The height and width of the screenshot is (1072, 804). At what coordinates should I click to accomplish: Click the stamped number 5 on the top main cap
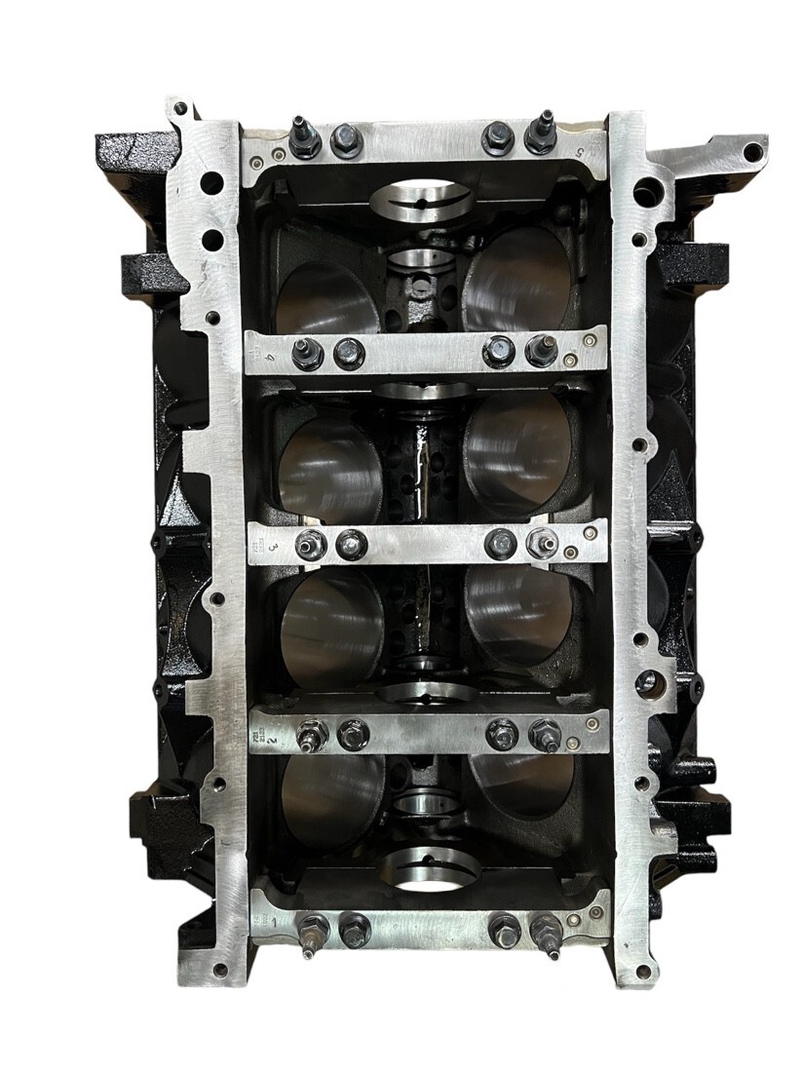tap(580, 153)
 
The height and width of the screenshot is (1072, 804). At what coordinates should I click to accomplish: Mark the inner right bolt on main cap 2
tap(503, 734)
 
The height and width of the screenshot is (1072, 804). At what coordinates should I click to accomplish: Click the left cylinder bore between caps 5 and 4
tap(327, 292)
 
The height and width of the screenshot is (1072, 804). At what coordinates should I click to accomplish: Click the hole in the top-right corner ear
tap(752, 151)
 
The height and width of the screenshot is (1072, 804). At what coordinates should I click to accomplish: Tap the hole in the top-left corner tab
tap(181, 110)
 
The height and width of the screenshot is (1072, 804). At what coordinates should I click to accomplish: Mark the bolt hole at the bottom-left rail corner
tap(222, 970)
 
